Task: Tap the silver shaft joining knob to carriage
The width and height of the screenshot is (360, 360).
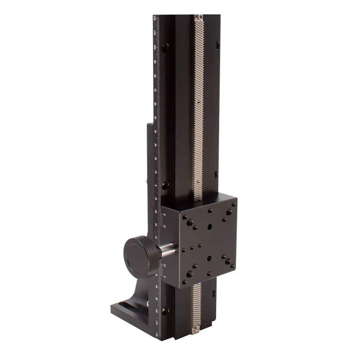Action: point(167,250)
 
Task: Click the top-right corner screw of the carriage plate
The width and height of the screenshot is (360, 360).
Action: point(234,204)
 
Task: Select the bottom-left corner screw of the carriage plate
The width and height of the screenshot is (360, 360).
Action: point(185,282)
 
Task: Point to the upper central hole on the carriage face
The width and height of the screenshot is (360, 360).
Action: point(210,227)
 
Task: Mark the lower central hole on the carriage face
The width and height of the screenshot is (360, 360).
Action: point(210,258)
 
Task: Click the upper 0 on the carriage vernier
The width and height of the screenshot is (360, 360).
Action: point(165,215)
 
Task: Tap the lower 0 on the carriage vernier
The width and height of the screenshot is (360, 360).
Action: point(165,276)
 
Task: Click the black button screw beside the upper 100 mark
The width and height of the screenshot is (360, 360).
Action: point(165,47)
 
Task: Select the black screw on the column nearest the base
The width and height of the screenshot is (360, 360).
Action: point(165,310)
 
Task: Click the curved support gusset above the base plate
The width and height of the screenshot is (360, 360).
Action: point(144,292)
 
